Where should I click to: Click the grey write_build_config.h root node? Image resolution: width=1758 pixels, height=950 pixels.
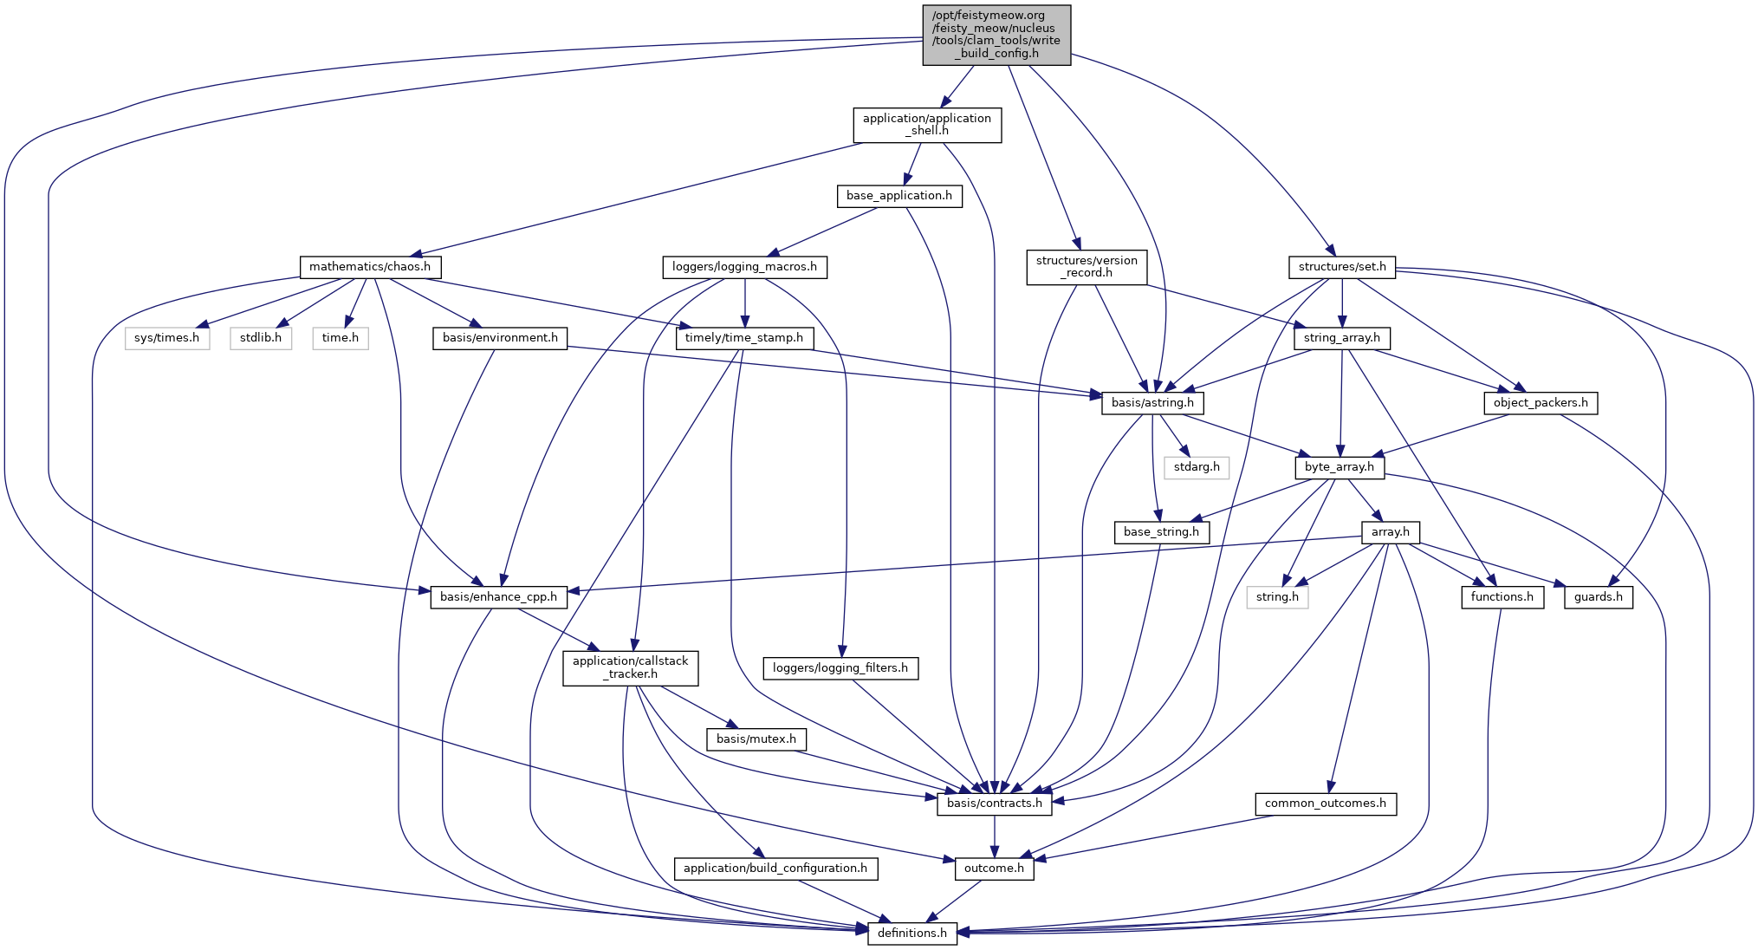(x=996, y=35)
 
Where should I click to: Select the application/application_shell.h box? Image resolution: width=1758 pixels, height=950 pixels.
(x=927, y=125)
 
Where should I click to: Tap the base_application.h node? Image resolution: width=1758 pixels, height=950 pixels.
(x=898, y=196)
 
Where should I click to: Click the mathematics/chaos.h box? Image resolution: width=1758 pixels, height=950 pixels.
(x=370, y=267)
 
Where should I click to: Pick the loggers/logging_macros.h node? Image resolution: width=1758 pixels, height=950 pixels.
(x=744, y=267)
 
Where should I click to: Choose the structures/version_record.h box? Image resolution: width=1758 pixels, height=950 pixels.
(x=1087, y=267)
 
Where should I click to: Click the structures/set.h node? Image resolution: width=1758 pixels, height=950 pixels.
(x=1341, y=267)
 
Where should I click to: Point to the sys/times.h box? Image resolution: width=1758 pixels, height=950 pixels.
(x=166, y=338)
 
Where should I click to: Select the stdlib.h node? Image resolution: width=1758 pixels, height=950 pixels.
(x=261, y=338)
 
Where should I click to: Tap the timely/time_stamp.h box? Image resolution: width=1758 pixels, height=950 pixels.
(x=743, y=338)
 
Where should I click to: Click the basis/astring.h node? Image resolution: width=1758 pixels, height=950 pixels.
(x=1152, y=403)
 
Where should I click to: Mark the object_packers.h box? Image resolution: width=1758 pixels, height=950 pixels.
(x=1541, y=403)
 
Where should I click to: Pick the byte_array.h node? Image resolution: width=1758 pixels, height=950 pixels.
(x=1340, y=467)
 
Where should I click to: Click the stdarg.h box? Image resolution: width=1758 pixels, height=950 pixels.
(x=1197, y=467)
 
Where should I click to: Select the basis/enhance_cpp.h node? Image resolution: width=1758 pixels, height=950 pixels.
(x=498, y=597)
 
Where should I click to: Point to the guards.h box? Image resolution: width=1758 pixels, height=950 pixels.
(x=1599, y=597)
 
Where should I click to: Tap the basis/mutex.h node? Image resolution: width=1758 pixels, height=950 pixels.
(x=756, y=739)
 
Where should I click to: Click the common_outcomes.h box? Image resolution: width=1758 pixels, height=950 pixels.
(x=1325, y=804)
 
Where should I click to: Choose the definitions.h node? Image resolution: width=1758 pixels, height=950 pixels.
(x=912, y=934)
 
